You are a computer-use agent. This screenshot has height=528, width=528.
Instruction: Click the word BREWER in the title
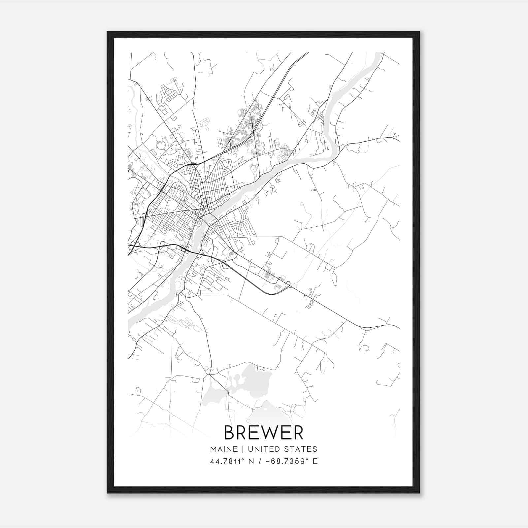click(x=264, y=433)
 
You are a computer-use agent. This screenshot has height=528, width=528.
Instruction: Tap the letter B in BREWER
click(x=230, y=433)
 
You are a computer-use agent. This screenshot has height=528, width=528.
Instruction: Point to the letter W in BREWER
click(x=270, y=433)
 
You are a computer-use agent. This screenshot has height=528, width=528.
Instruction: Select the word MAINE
click(x=224, y=449)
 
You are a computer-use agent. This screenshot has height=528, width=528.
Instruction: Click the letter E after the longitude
click(x=315, y=461)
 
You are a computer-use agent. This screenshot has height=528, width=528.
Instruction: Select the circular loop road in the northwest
click(x=161, y=145)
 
